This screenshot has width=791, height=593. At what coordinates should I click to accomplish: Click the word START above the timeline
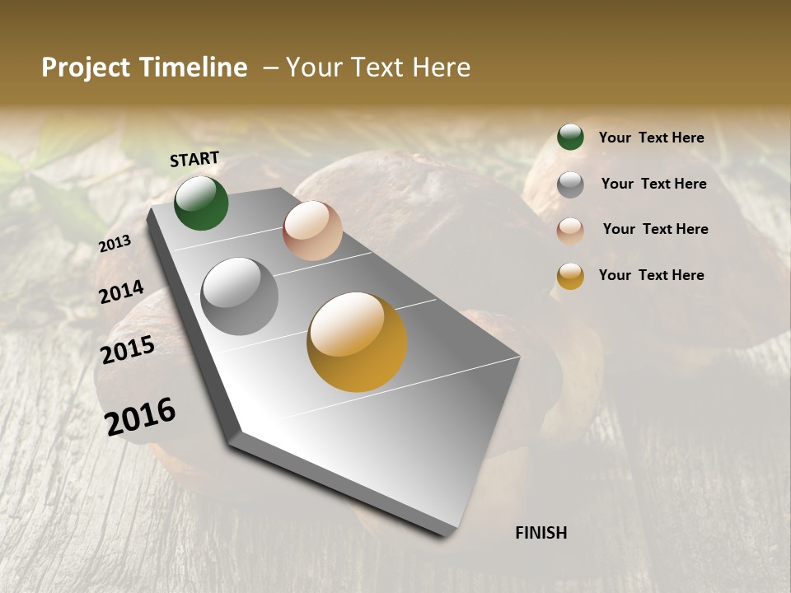point(194,159)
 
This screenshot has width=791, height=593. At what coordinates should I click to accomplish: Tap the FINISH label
point(541,533)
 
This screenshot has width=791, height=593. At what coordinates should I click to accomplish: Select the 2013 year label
point(115,244)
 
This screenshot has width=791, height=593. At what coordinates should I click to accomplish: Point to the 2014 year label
point(121,292)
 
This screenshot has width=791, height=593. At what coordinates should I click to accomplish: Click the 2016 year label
point(140,416)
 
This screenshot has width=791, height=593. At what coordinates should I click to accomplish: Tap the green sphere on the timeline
point(201,203)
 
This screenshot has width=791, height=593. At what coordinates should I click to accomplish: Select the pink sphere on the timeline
point(312,231)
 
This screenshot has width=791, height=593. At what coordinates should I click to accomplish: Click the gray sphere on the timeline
point(240,296)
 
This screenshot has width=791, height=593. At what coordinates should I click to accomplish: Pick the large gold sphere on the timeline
point(357,342)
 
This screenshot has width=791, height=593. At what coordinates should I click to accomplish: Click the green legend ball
point(570,137)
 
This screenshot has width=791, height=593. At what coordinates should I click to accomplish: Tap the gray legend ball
point(570,184)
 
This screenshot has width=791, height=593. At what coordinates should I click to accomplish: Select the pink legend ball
point(570,230)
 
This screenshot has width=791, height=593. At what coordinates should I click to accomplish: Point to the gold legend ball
point(570,275)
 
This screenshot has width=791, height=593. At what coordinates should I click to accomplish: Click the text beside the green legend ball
point(651,138)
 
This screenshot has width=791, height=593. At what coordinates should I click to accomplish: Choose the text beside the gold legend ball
point(651,275)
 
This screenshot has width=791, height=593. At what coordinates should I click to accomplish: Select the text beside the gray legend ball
point(653,184)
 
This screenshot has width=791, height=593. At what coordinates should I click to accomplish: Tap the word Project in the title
point(86,68)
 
